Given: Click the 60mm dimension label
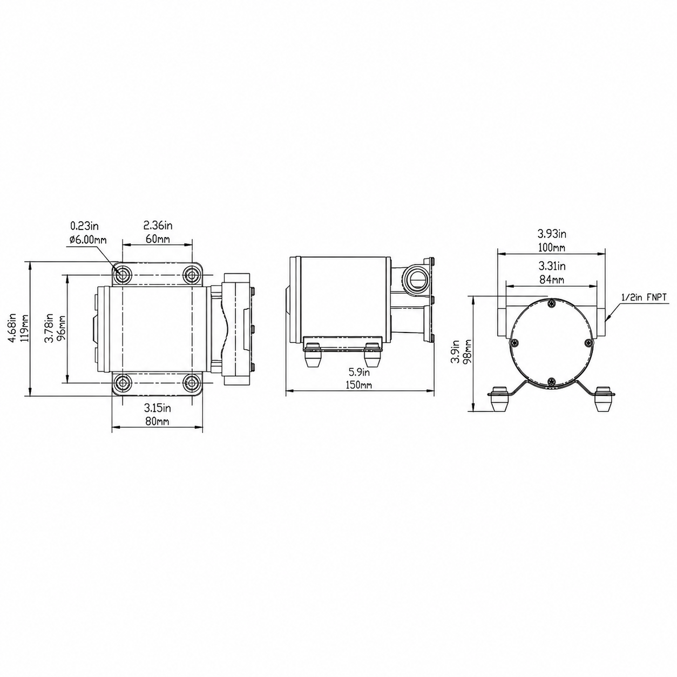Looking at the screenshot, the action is [x=157, y=239].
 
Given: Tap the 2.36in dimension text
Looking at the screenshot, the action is [x=158, y=225].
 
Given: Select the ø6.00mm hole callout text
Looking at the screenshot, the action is [x=88, y=240].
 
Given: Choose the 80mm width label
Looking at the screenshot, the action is [x=157, y=421].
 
